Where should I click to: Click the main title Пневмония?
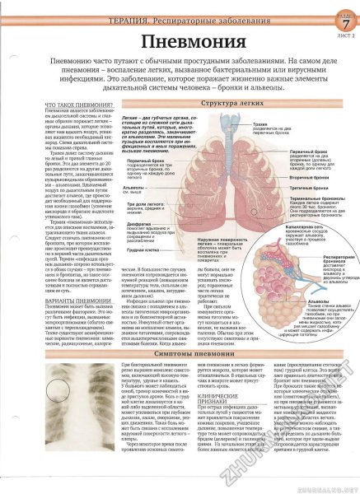(180, 40)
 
